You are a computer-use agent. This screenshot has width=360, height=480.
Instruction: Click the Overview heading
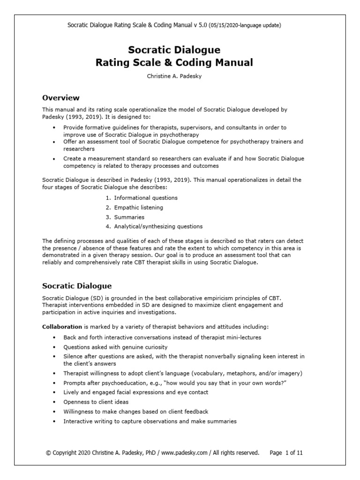click(x=61, y=98)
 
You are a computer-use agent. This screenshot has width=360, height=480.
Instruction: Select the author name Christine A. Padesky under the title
click(x=180, y=76)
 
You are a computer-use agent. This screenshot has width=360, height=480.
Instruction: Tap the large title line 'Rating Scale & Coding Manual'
click(x=180, y=62)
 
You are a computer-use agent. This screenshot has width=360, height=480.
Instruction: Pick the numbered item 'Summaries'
click(x=129, y=217)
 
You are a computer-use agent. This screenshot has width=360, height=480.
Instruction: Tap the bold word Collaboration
click(x=62, y=326)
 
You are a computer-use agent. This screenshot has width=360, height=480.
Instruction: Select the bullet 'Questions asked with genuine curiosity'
click(x=115, y=347)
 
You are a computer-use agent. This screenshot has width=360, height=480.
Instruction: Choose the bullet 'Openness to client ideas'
click(x=95, y=402)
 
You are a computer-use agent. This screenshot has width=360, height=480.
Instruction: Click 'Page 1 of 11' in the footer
click(x=289, y=453)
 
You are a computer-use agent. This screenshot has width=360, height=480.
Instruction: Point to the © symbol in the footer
click(x=48, y=453)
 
